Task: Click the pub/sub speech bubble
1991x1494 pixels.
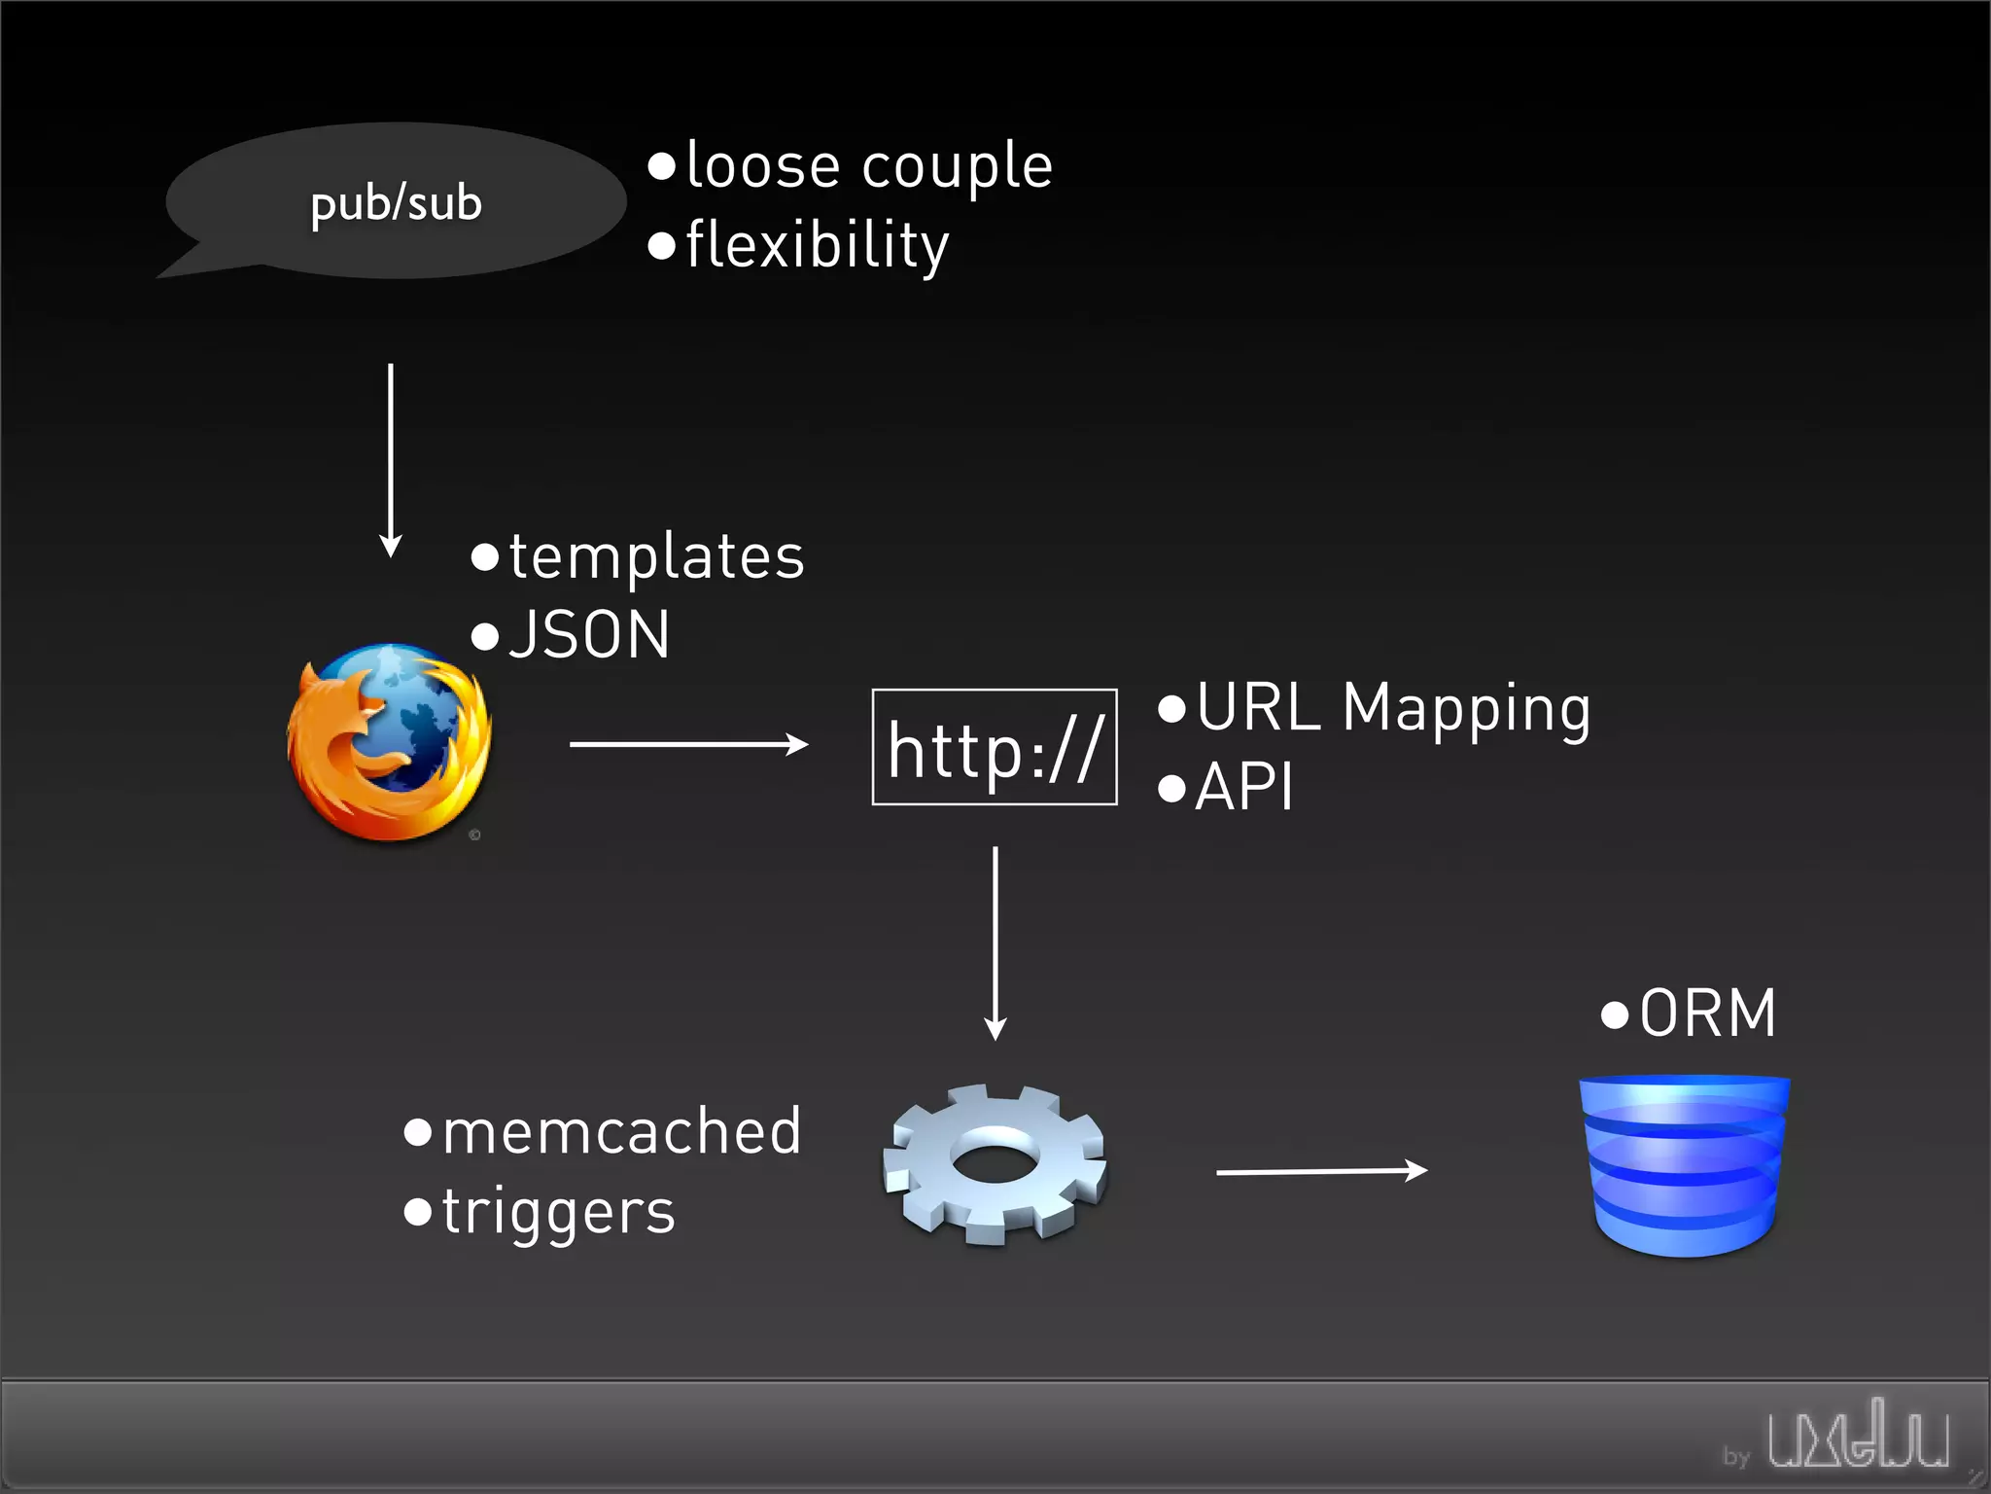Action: click(x=395, y=202)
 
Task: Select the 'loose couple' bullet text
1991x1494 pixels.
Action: click(x=868, y=165)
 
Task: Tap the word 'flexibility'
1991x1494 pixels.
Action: click(x=817, y=245)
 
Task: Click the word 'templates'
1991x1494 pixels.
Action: click(x=656, y=557)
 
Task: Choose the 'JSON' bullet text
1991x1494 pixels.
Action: click(x=588, y=635)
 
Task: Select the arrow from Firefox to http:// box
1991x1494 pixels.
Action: click(x=688, y=744)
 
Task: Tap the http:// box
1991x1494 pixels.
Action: click(x=995, y=747)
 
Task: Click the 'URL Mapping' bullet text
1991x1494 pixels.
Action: click(x=1392, y=708)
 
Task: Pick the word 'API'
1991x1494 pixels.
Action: click(x=1243, y=787)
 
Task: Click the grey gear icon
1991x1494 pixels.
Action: click(x=995, y=1163)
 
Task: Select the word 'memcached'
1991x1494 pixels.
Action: click(x=621, y=1132)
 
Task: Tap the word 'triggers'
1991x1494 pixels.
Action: click(x=558, y=1213)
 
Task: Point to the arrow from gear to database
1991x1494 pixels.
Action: click(x=1321, y=1171)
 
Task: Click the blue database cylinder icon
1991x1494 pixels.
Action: click(x=1685, y=1164)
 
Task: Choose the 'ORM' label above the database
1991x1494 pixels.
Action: click(x=1707, y=1014)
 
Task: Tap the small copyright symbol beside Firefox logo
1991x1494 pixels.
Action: click(x=474, y=835)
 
